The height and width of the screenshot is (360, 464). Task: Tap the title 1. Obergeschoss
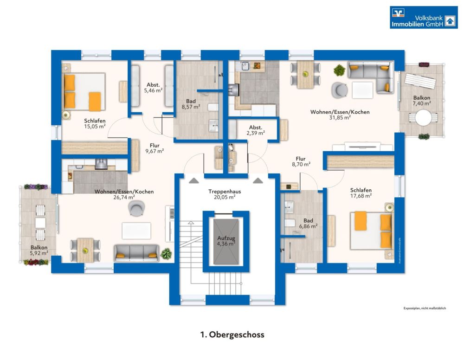[232, 334]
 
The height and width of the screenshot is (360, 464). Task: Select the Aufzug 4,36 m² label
[226, 241]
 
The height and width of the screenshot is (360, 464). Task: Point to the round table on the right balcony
[423, 118]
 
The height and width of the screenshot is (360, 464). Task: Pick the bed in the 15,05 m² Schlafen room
[84, 92]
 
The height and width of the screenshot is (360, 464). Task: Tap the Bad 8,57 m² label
[191, 103]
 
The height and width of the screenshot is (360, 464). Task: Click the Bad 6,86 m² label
[308, 224]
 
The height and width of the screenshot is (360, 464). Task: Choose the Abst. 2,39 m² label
[256, 130]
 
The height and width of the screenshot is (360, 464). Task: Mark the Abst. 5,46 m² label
[154, 88]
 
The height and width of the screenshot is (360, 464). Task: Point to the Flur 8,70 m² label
[300, 161]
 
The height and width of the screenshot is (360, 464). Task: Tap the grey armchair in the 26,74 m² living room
[136, 208]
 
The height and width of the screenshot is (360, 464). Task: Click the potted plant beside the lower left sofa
[166, 253]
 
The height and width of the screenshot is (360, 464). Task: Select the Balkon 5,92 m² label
[39, 250]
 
